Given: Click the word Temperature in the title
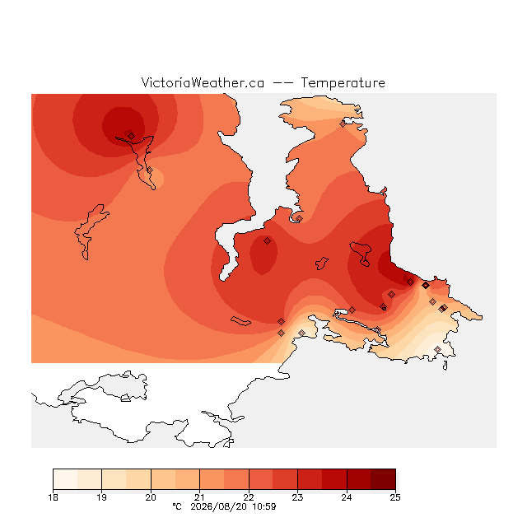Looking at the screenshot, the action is click(x=343, y=82).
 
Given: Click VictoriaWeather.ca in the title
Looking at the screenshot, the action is click(x=203, y=82).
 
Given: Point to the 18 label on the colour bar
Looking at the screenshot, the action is click(x=53, y=497).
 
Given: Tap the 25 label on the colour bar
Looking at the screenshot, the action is click(x=395, y=497).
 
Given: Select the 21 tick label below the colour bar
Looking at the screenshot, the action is click(x=199, y=497).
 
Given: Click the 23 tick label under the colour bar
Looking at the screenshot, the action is click(x=297, y=497).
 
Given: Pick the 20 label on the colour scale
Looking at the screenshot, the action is click(x=151, y=497).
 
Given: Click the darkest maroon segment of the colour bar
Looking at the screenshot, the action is click(x=383, y=479).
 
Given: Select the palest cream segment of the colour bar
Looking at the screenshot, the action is click(x=65, y=479).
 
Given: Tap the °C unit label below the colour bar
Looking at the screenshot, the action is click(x=177, y=506).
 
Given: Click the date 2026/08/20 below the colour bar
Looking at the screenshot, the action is click(x=218, y=506).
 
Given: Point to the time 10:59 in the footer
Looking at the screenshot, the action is click(x=264, y=506).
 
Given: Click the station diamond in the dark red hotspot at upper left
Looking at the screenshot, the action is click(x=131, y=136).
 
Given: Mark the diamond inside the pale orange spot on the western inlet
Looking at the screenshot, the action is click(x=150, y=170).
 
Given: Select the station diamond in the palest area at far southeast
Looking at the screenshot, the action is click(x=437, y=349).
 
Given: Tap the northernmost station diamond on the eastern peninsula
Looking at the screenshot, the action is click(x=343, y=124).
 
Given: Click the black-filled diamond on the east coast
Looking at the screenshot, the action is click(x=426, y=286).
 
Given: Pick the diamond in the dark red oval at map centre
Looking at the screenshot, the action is click(x=267, y=240).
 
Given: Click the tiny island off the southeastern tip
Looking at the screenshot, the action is click(x=445, y=366).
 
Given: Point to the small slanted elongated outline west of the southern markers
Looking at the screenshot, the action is click(x=240, y=321).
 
